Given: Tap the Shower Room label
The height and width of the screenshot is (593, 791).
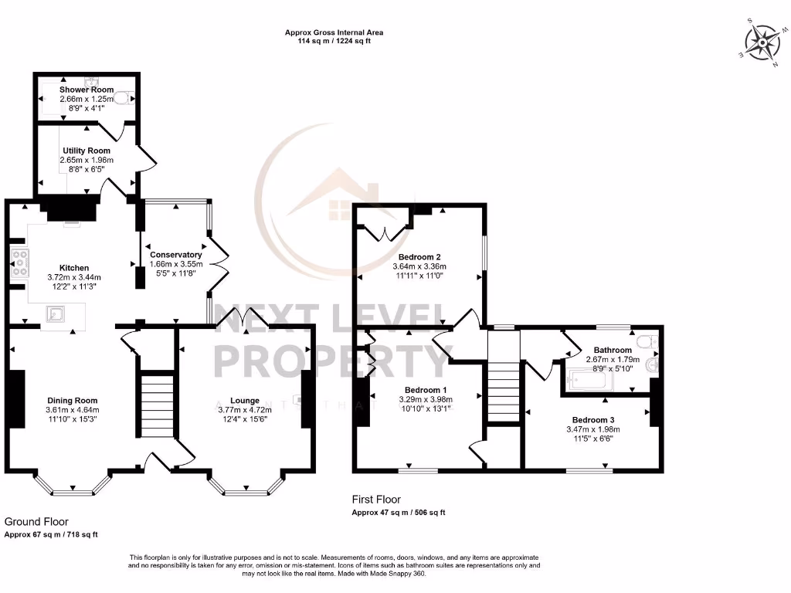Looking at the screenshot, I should pos(87,90).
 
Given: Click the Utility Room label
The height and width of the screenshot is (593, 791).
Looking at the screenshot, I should pos(87,151).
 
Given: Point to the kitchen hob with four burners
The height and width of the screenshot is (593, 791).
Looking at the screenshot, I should pos(18,263).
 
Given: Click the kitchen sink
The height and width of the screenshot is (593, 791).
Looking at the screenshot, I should pos(55,313).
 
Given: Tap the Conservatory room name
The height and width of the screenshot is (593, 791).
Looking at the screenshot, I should pos(175,255).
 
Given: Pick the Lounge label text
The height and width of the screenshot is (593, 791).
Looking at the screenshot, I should pos(245,400).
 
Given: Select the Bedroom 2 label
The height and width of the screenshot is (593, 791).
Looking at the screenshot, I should pos(419,257).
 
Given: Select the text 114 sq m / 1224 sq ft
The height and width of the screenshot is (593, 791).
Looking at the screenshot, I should pos(334,42).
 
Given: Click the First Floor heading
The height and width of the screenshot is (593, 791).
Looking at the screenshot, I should pos(376,500).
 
